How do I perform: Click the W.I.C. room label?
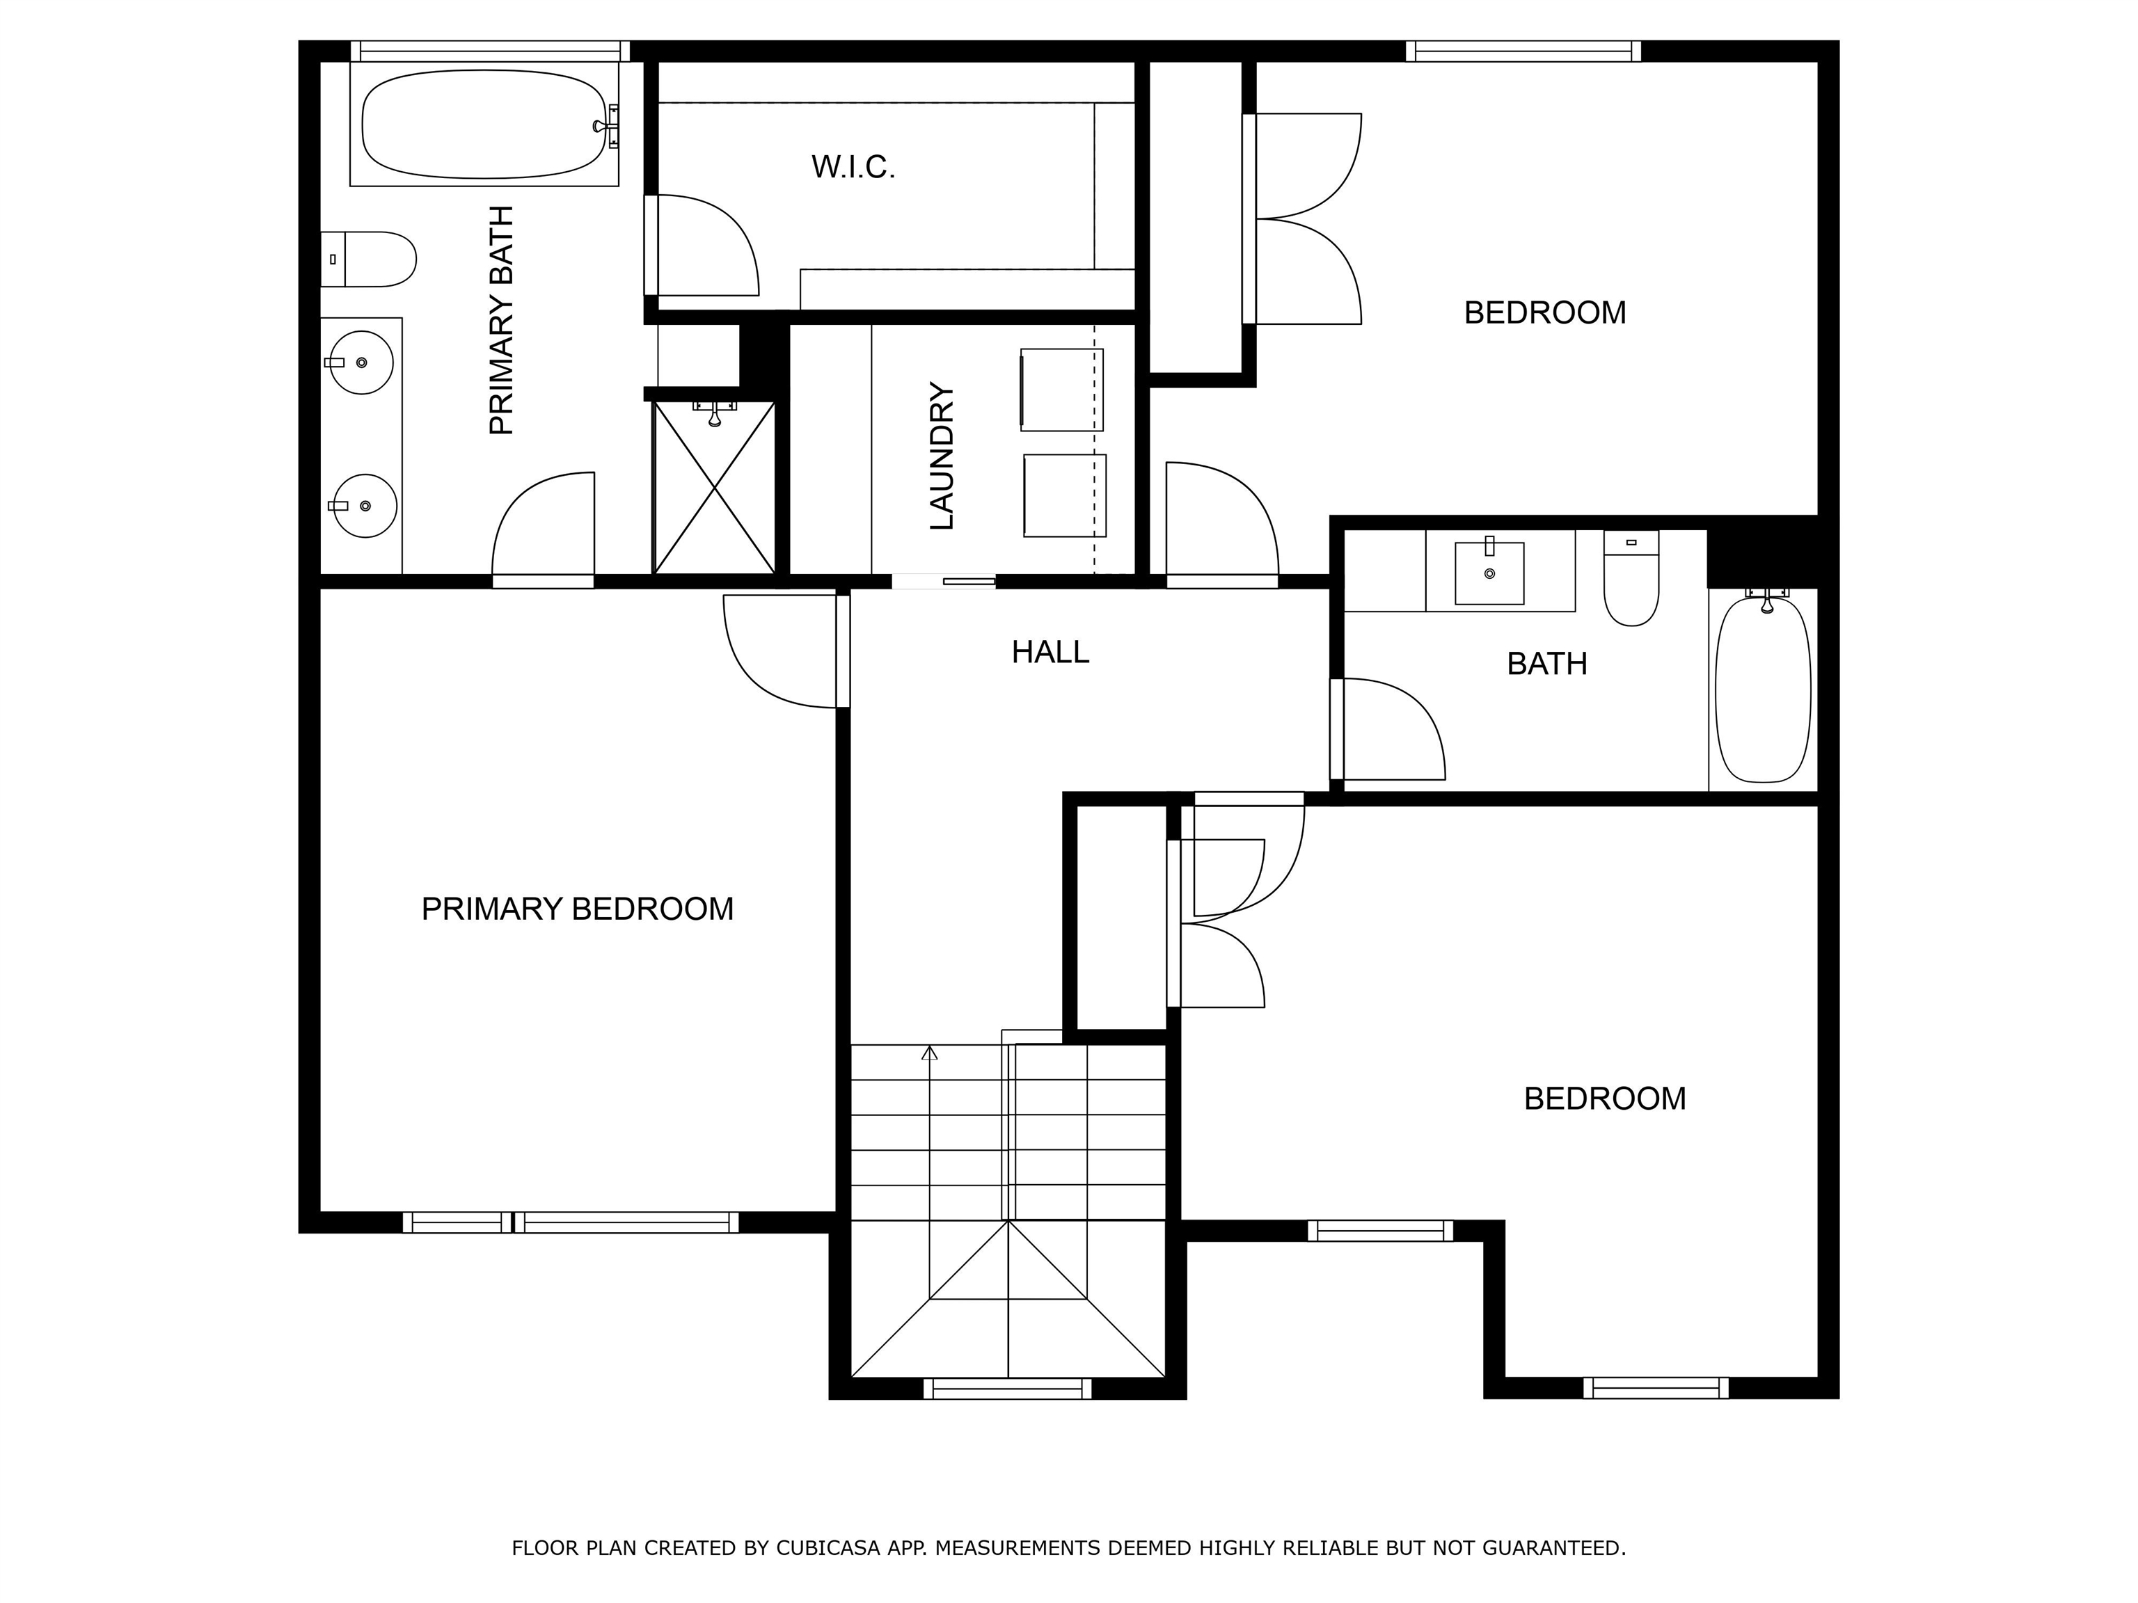(x=853, y=167)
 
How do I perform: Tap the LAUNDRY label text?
(x=942, y=456)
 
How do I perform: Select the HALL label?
(x=1051, y=652)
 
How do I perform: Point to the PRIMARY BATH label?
(x=502, y=321)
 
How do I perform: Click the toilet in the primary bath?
(x=368, y=259)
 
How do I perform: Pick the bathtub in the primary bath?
(x=484, y=124)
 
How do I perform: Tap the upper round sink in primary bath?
(x=363, y=362)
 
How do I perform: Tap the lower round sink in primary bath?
(x=365, y=505)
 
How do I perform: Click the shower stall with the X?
(x=714, y=488)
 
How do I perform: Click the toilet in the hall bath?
(x=1631, y=577)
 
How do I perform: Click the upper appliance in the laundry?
(x=1061, y=390)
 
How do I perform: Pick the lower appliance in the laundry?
(x=1065, y=495)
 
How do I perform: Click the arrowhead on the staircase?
(x=930, y=1052)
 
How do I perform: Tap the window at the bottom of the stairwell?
(x=1007, y=1389)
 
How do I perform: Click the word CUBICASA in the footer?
(x=828, y=1548)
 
